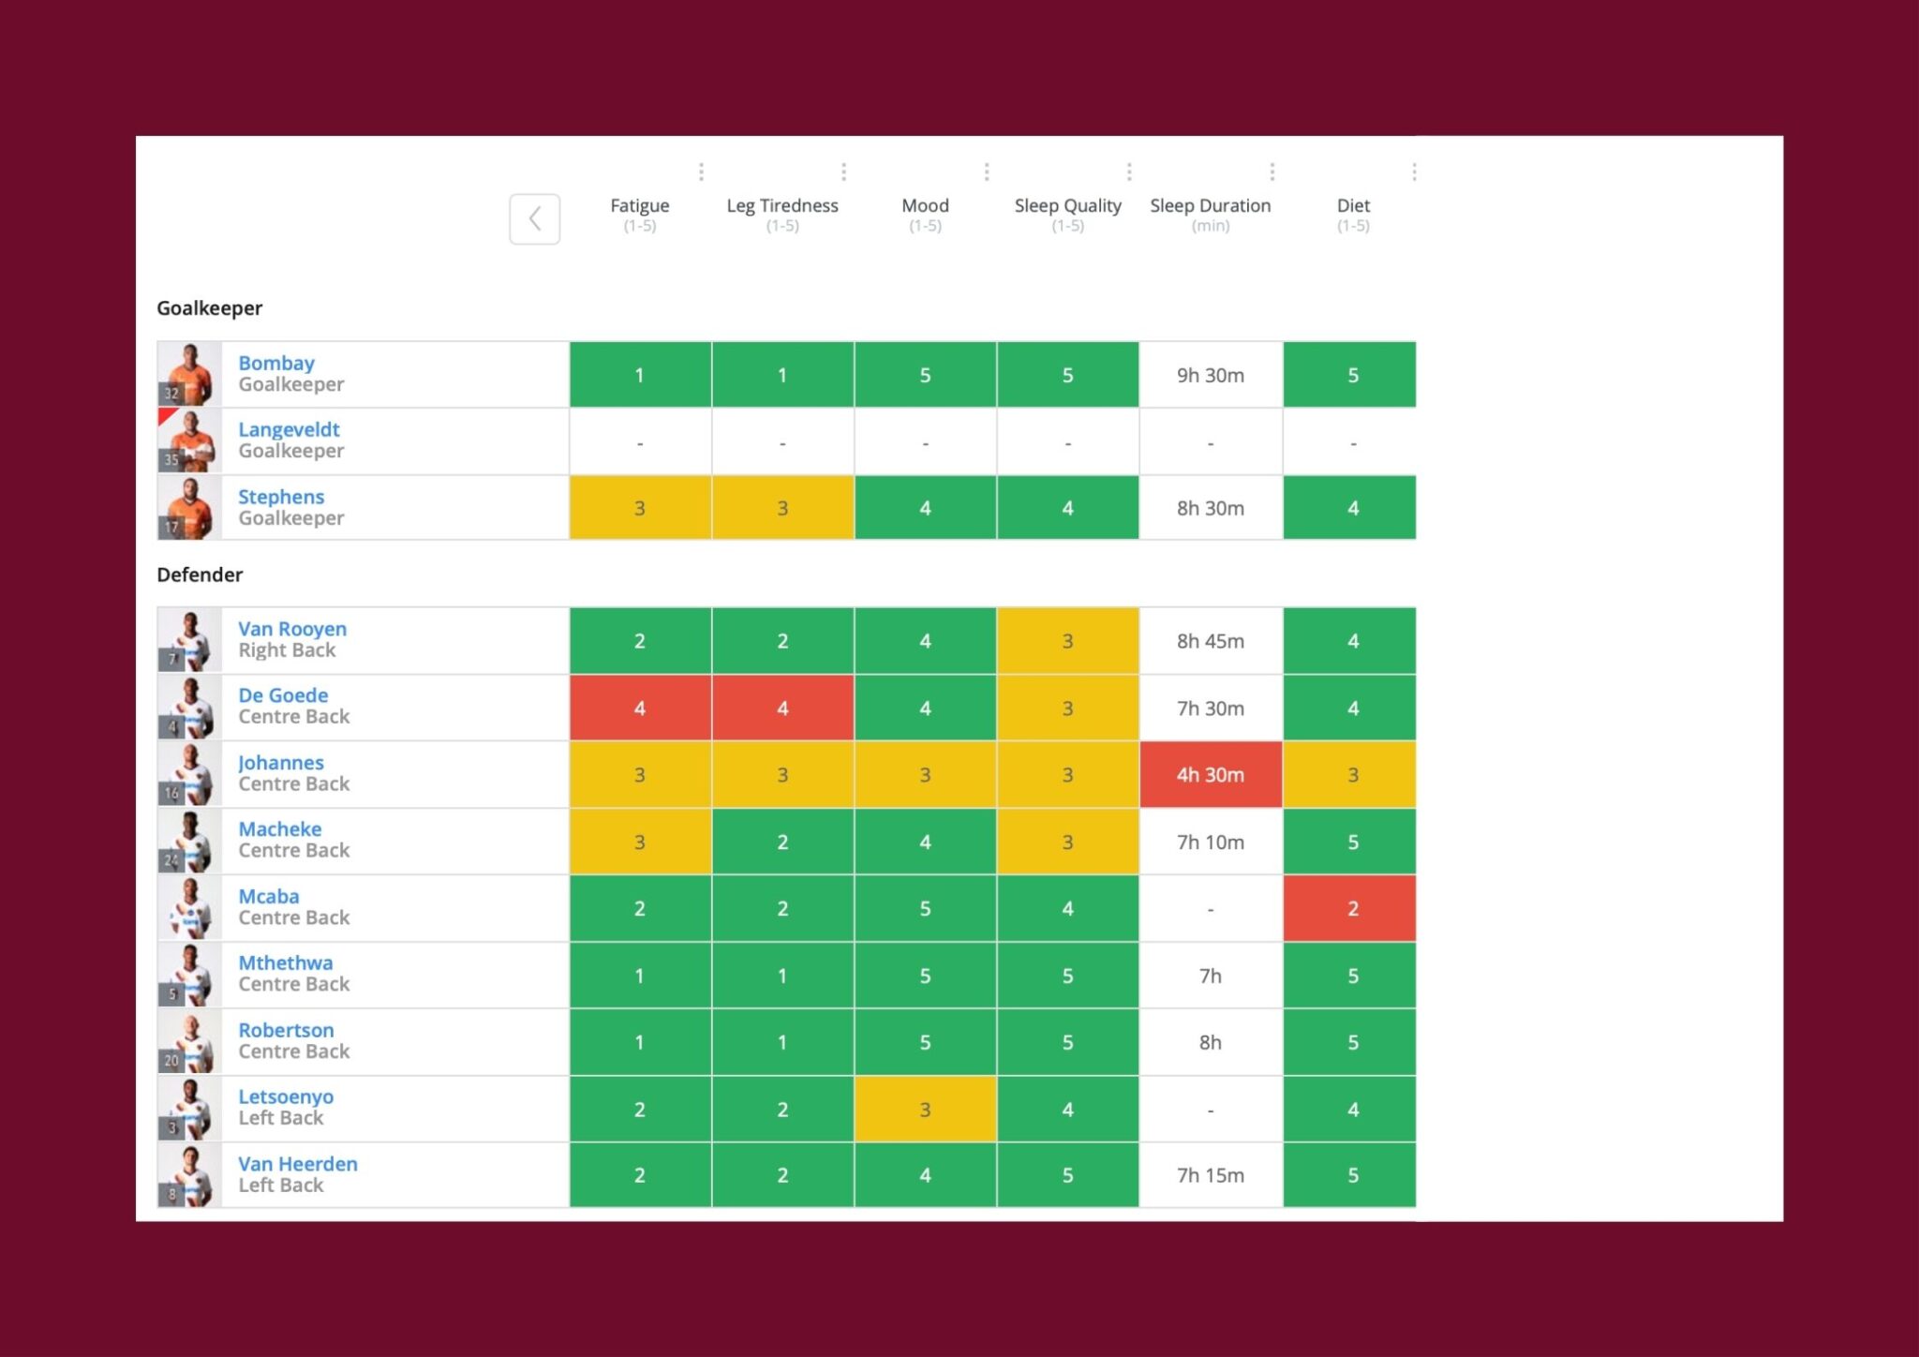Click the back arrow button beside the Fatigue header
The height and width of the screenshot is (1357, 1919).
click(534, 219)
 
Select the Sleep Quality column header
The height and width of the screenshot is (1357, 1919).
click(1067, 206)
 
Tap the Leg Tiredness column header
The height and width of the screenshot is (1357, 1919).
click(782, 206)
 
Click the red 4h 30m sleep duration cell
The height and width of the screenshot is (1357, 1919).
click(1210, 775)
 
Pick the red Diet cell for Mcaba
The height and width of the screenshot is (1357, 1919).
click(1351, 908)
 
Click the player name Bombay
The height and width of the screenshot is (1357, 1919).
click(276, 364)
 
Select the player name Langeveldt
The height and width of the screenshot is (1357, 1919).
click(289, 430)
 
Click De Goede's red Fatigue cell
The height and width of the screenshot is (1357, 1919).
click(640, 708)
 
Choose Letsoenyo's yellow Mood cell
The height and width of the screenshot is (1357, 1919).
click(925, 1110)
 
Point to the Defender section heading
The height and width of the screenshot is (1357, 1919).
click(200, 575)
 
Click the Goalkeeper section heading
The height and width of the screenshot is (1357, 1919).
click(209, 308)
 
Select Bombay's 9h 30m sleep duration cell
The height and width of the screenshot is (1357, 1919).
click(1210, 376)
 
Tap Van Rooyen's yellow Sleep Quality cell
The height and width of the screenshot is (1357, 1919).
click(1067, 642)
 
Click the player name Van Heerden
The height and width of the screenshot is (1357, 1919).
click(298, 1164)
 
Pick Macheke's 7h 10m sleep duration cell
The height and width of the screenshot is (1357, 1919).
click(1210, 843)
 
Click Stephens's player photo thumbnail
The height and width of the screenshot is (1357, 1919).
click(189, 508)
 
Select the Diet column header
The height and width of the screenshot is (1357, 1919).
click(1352, 206)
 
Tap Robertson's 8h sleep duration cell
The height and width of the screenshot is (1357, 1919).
click(1210, 1043)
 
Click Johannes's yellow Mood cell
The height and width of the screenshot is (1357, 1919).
click(925, 775)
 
